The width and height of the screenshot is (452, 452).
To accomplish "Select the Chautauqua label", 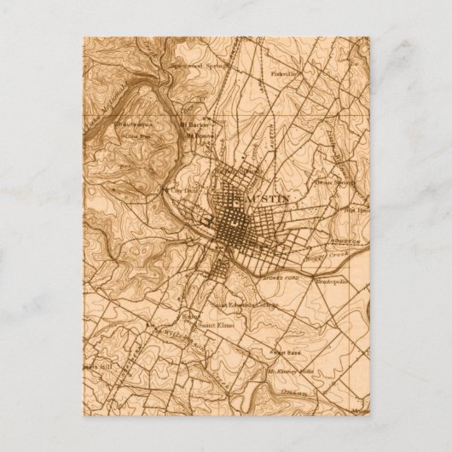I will click(x=136, y=124).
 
